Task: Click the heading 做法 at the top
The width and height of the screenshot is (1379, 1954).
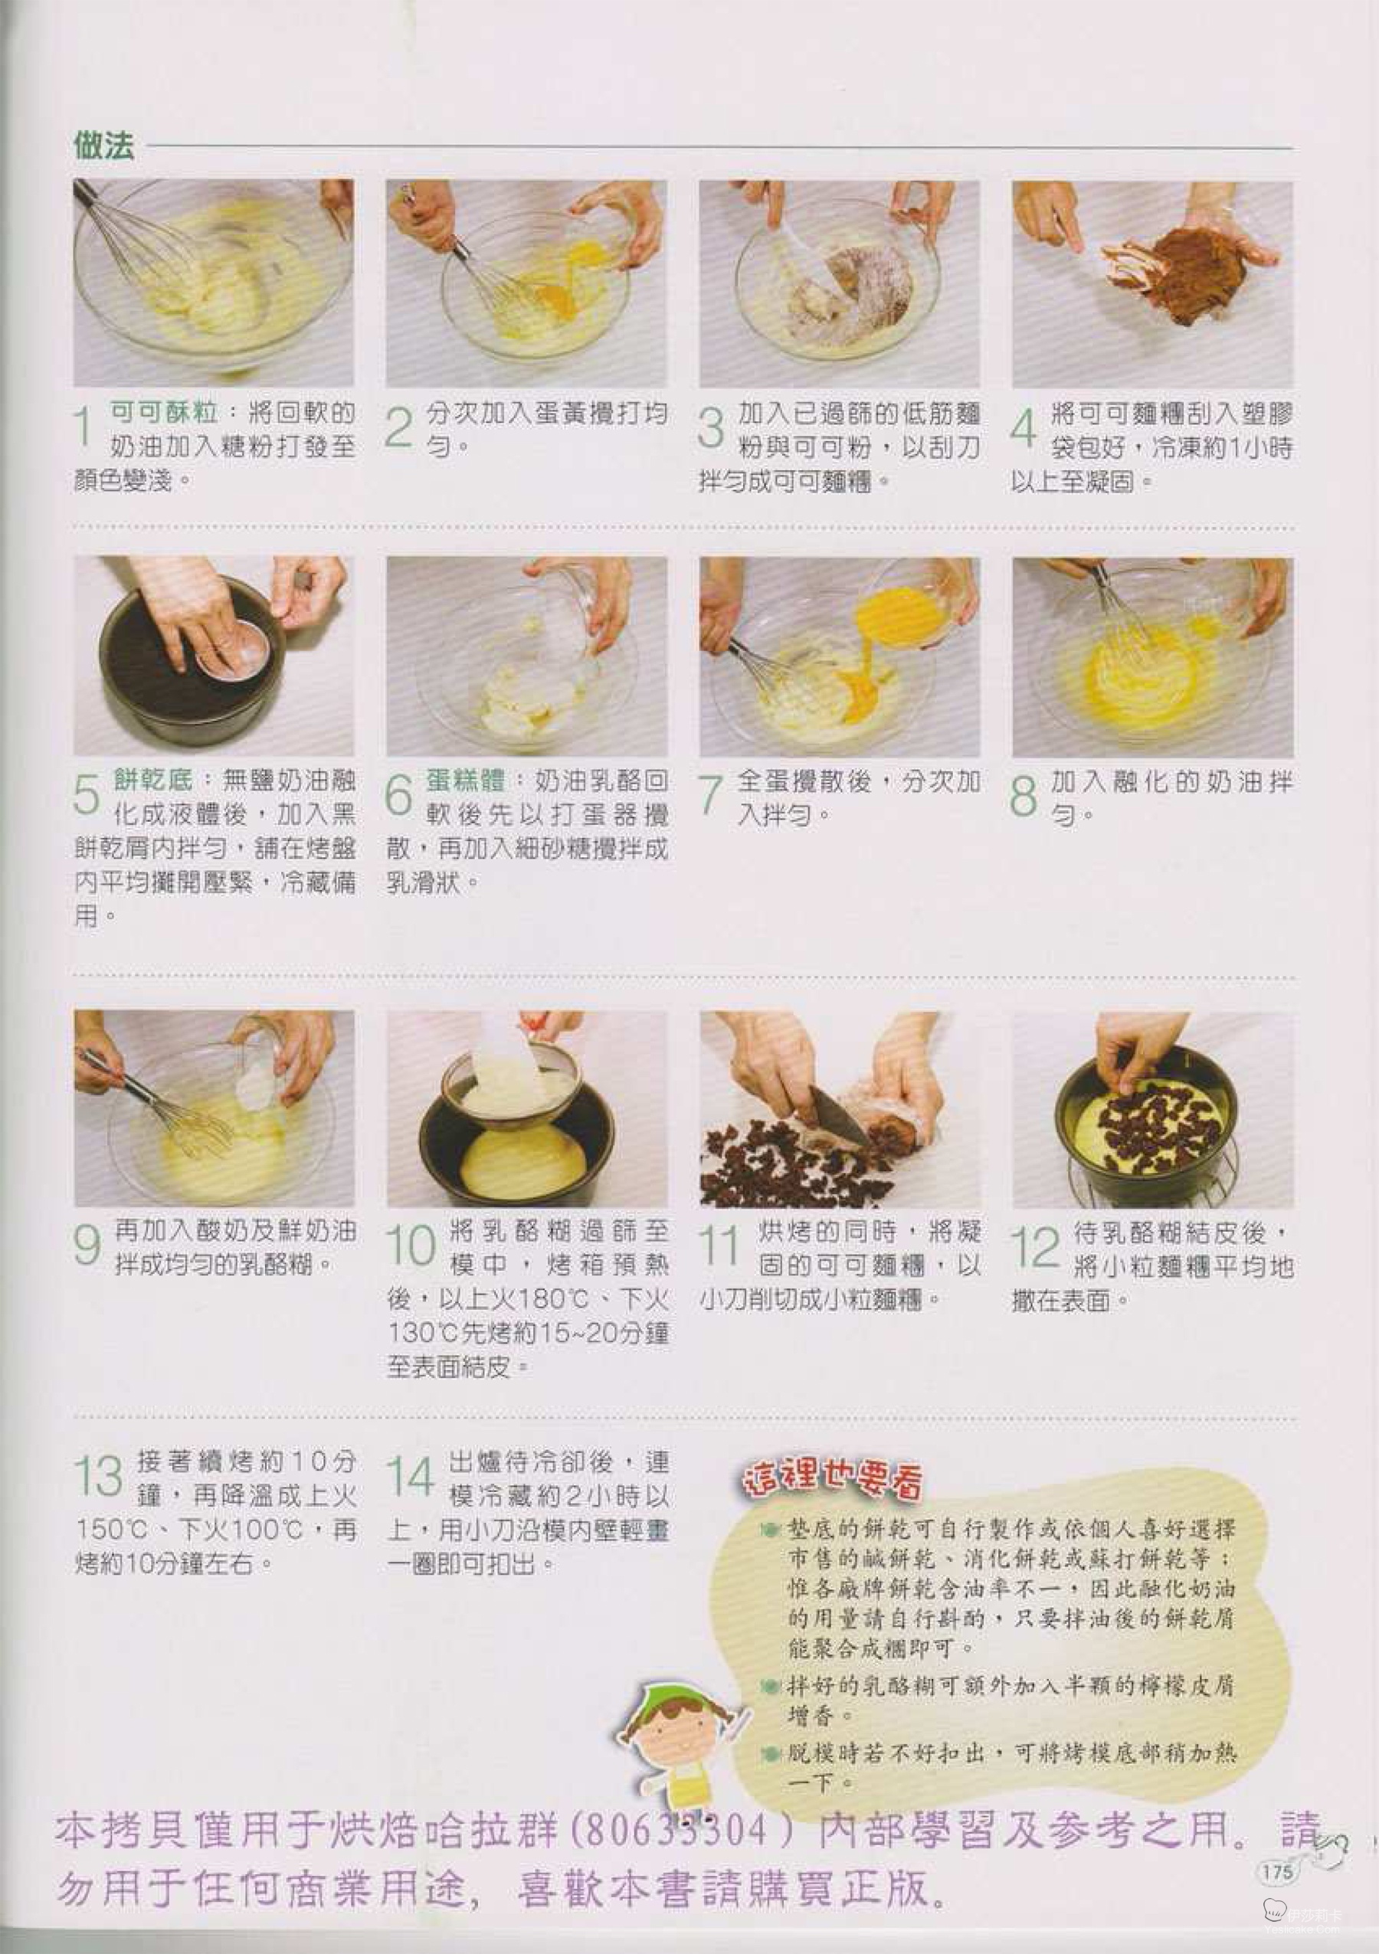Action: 105,146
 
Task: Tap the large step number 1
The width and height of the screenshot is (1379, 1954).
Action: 84,427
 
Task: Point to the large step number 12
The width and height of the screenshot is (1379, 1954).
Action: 1035,1249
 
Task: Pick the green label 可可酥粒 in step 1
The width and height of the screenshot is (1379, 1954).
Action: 163,413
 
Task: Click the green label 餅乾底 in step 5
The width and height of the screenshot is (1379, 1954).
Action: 153,780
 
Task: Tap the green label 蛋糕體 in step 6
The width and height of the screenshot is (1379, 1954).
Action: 466,781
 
